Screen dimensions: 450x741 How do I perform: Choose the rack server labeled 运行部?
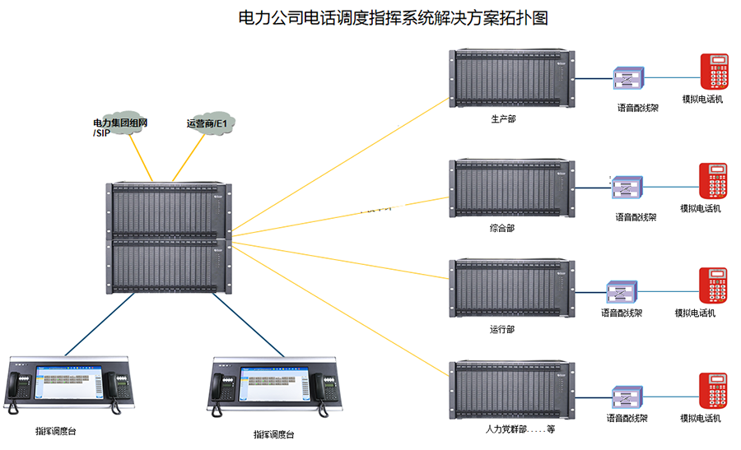pyautogui.click(x=510, y=287)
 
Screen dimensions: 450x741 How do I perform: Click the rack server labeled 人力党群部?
pyautogui.click(x=510, y=390)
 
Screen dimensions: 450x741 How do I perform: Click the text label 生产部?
pyautogui.click(x=503, y=118)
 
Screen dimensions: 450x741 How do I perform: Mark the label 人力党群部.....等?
pyautogui.click(x=520, y=429)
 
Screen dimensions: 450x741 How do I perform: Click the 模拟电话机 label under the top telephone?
pyautogui.click(x=702, y=100)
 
